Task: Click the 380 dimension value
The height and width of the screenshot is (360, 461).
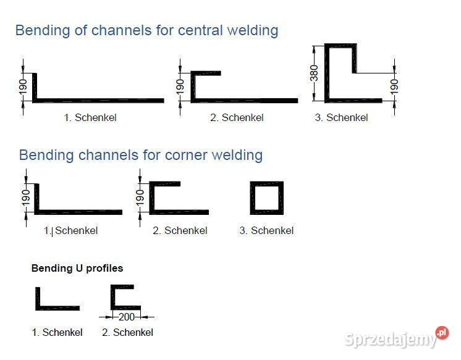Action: point(314,73)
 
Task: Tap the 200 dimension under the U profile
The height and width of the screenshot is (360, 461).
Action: point(127,317)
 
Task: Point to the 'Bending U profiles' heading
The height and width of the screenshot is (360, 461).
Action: point(77,269)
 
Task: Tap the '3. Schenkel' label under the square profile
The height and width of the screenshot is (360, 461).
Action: point(266,231)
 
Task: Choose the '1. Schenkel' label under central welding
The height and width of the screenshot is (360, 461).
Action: point(90,117)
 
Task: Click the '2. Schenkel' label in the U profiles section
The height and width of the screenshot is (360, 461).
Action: point(127,332)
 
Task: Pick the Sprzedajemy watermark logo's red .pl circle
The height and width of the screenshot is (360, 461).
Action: point(442,333)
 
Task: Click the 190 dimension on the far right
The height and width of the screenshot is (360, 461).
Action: point(394,87)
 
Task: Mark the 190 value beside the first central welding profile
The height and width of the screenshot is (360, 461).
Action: point(23,87)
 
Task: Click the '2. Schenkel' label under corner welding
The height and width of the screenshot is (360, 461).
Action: point(180,231)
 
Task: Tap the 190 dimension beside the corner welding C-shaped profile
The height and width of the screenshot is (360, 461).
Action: point(140,198)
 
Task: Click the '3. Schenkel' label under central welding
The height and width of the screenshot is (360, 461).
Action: point(341,117)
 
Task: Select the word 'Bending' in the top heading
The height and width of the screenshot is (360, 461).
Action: point(43,30)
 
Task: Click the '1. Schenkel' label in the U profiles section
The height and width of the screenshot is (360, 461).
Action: point(57,332)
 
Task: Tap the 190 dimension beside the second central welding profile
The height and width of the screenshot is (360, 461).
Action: point(180,87)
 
